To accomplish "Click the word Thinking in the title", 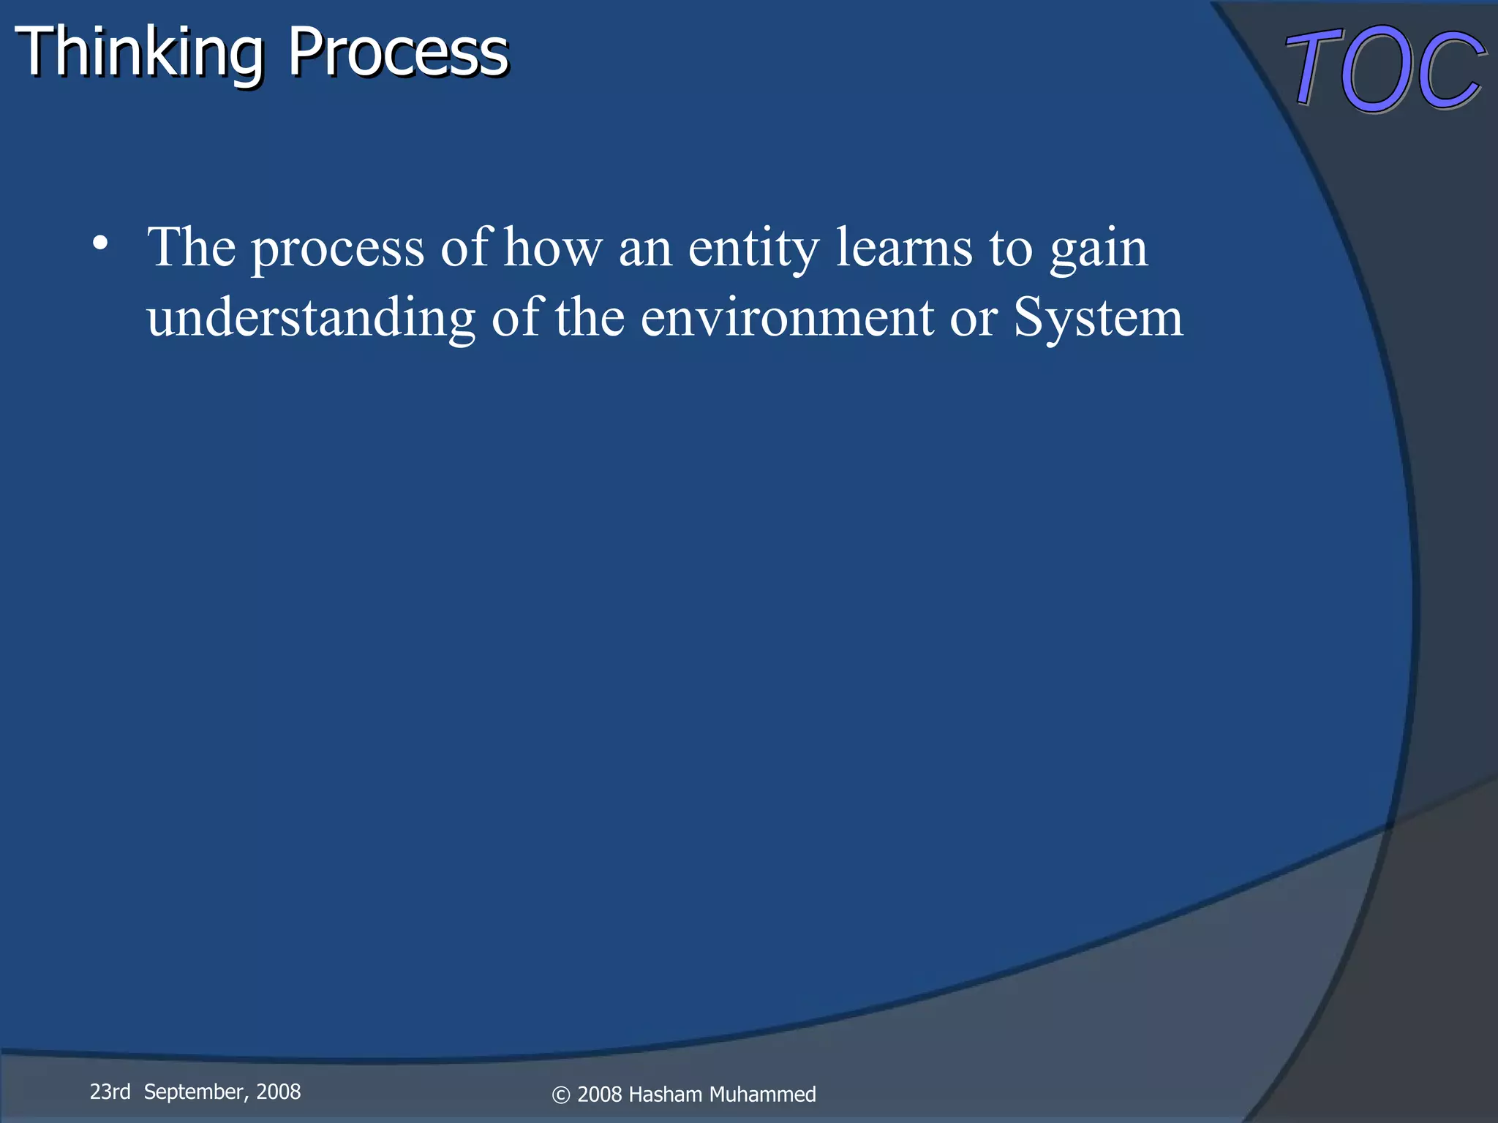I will pos(139,53).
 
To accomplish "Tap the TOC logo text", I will pos(1385,69).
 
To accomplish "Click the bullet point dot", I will pos(101,243).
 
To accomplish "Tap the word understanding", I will pos(311,319).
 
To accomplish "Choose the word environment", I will pos(787,317).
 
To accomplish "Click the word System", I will pos(1097,319).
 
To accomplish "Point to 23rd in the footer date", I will pos(110,1092).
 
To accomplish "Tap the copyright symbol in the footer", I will pos(560,1095).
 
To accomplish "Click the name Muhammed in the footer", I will pos(762,1094).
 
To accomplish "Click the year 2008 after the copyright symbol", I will pos(600,1094).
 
